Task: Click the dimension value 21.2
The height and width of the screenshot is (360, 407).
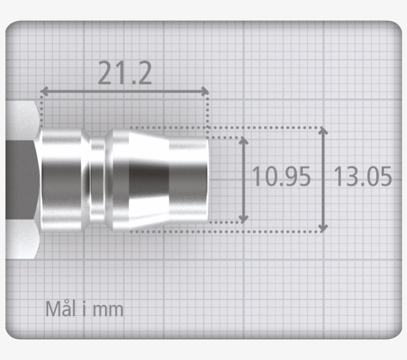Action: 125,73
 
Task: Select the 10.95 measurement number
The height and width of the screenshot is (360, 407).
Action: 281,177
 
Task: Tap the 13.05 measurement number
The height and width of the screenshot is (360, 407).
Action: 362,177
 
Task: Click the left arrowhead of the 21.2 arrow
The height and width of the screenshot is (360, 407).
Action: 44,91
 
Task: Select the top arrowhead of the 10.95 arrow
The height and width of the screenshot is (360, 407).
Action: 243,141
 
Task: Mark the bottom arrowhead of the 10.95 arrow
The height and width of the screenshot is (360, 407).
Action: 243,218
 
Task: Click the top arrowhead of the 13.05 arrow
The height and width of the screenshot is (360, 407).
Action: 323,132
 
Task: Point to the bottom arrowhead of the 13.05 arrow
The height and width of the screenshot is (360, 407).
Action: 323,228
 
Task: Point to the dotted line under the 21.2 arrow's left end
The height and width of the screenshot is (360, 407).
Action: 41,112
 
